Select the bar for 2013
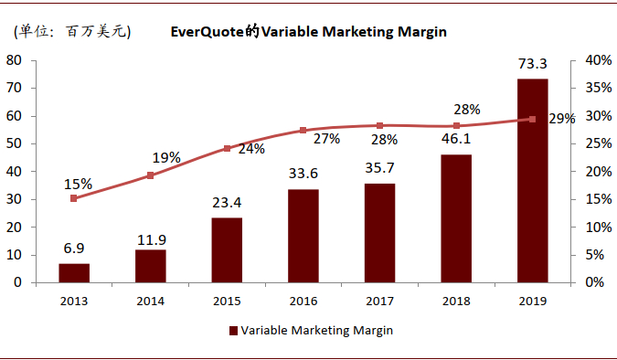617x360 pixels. click(x=74, y=272)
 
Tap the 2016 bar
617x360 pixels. click(x=303, y=236)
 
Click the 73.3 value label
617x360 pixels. click(x=532, y=64)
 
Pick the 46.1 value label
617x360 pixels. click(x=456, y=140)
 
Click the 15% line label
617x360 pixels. click(x=78, y=184)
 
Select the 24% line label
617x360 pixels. click(x=251, y=148)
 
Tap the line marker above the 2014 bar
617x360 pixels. click(x=151, y=175)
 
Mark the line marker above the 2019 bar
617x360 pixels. click(x=532, y=119)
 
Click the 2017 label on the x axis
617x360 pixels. click(x=379, y=300)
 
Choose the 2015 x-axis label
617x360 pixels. click(x=227, y=300)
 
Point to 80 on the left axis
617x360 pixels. click(x=14, y=60)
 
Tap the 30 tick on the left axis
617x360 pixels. click(x=14, y=199)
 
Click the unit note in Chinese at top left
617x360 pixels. click(x=70, y=32)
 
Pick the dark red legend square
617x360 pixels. click(x=233, y=331)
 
